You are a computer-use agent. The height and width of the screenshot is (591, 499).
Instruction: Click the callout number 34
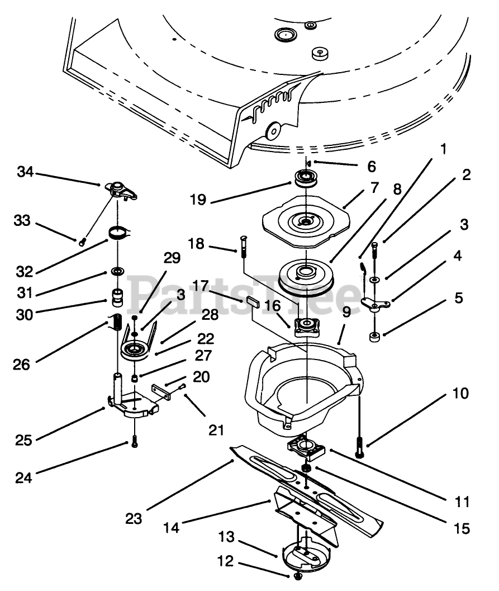tap(25, 172)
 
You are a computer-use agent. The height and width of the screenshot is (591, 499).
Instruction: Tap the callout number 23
tap(134, 519)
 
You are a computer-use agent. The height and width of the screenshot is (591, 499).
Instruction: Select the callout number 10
tap(460, 394)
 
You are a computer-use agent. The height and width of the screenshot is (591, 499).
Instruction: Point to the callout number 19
tap(198, 200)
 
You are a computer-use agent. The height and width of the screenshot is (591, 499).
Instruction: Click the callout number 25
tap(23, 440)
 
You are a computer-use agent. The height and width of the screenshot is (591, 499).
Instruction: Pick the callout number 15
tap(462, 528)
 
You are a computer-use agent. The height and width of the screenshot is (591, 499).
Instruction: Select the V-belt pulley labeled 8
tap(306, 277)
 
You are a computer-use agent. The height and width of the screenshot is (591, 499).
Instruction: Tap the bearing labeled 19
tap(306, 178)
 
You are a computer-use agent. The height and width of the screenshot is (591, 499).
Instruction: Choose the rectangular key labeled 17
tap(253, 302)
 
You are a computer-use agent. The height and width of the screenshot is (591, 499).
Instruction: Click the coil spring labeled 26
tap(117, 321)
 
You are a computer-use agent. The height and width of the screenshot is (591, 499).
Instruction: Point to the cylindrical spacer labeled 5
tap(374, 337)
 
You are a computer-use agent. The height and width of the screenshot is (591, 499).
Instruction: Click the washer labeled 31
tap(118, 271)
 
